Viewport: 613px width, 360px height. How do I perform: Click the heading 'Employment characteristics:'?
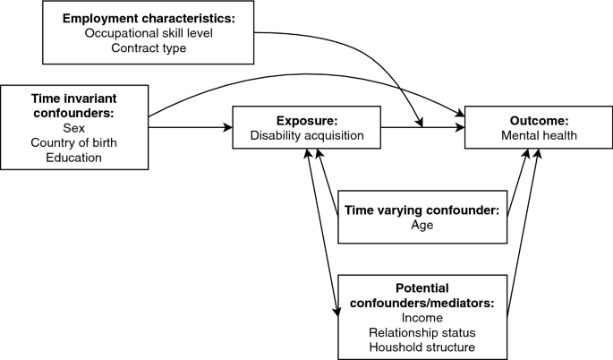click(x=149, y=18)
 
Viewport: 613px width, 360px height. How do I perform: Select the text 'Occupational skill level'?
click(x=149, y=33)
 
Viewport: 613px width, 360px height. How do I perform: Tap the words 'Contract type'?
click(x=149, y=48)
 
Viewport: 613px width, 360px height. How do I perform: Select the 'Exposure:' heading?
click(x=307, y=121)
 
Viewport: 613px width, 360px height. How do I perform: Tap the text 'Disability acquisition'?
click(x=307, y=136)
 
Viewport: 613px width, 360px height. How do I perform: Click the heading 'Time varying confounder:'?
click(x=421, y=211)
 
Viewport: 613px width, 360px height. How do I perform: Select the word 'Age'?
click(x=421, y=227)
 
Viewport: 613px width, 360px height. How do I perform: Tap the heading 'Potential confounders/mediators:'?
click(x=421, y=296)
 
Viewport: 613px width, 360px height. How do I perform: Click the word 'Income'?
click(x=421, y=318)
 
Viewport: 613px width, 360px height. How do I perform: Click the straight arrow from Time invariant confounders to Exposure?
click(x=188, y=128)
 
